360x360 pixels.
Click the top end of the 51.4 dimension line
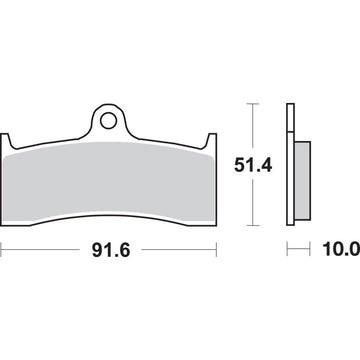(255, 102)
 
